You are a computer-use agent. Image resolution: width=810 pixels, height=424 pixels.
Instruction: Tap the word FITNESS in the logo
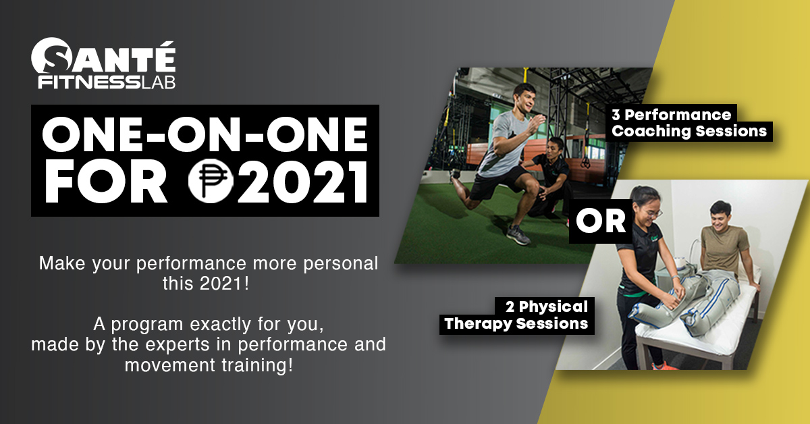tap(89, 82)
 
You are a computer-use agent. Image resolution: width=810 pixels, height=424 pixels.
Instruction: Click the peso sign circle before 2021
tap(211, 180)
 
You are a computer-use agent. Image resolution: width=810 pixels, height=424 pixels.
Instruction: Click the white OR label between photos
tap(601, 221)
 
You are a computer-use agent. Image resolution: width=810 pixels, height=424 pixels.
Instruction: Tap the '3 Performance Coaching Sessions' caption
tap(689, 123)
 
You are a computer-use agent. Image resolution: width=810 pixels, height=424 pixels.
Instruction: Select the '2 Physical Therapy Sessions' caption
tap(516, 315)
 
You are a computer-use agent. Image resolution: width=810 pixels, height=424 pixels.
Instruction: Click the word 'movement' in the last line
tap(171, 365)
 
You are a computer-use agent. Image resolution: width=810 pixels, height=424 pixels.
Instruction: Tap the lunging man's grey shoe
tap(518, 235)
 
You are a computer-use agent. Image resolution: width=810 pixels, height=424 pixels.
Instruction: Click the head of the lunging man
tap(522, 97)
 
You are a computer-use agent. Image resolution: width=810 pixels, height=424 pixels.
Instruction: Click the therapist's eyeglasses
tap(654, 214)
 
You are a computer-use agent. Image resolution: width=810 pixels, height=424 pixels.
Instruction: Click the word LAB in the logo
tap(158, 82)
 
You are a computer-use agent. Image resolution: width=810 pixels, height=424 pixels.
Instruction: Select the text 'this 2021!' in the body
tap(206, 284)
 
